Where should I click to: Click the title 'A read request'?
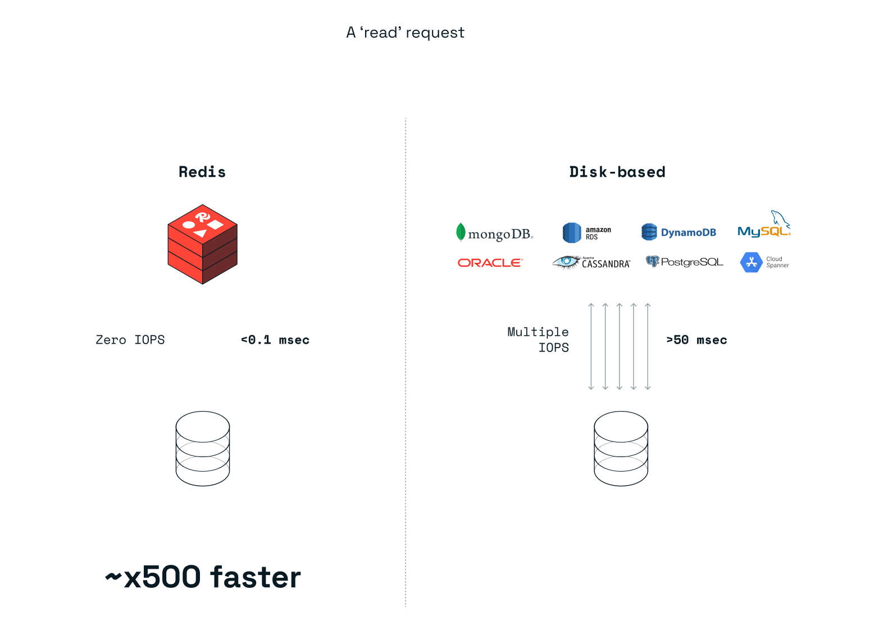point(405,33)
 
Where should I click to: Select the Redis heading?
point(202,172)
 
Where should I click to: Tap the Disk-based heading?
point(617,172)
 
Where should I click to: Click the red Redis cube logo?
point(202,244)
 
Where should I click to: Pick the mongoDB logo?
point(494,233)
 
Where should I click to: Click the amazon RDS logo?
point(586,232)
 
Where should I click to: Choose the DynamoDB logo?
point(678,232)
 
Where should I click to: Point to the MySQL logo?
point(764,227)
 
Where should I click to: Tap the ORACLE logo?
point(490,263)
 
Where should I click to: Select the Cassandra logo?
point(591,263)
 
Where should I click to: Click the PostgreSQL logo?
point(684,262)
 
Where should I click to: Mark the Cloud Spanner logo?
point(764,262)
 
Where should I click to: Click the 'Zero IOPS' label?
point(130,340)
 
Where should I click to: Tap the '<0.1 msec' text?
point(275,340)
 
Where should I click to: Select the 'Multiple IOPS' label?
point(538,340)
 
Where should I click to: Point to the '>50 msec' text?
point(696,340)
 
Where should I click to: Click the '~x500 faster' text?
point(203,577)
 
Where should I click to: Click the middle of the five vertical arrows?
point(620,346)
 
